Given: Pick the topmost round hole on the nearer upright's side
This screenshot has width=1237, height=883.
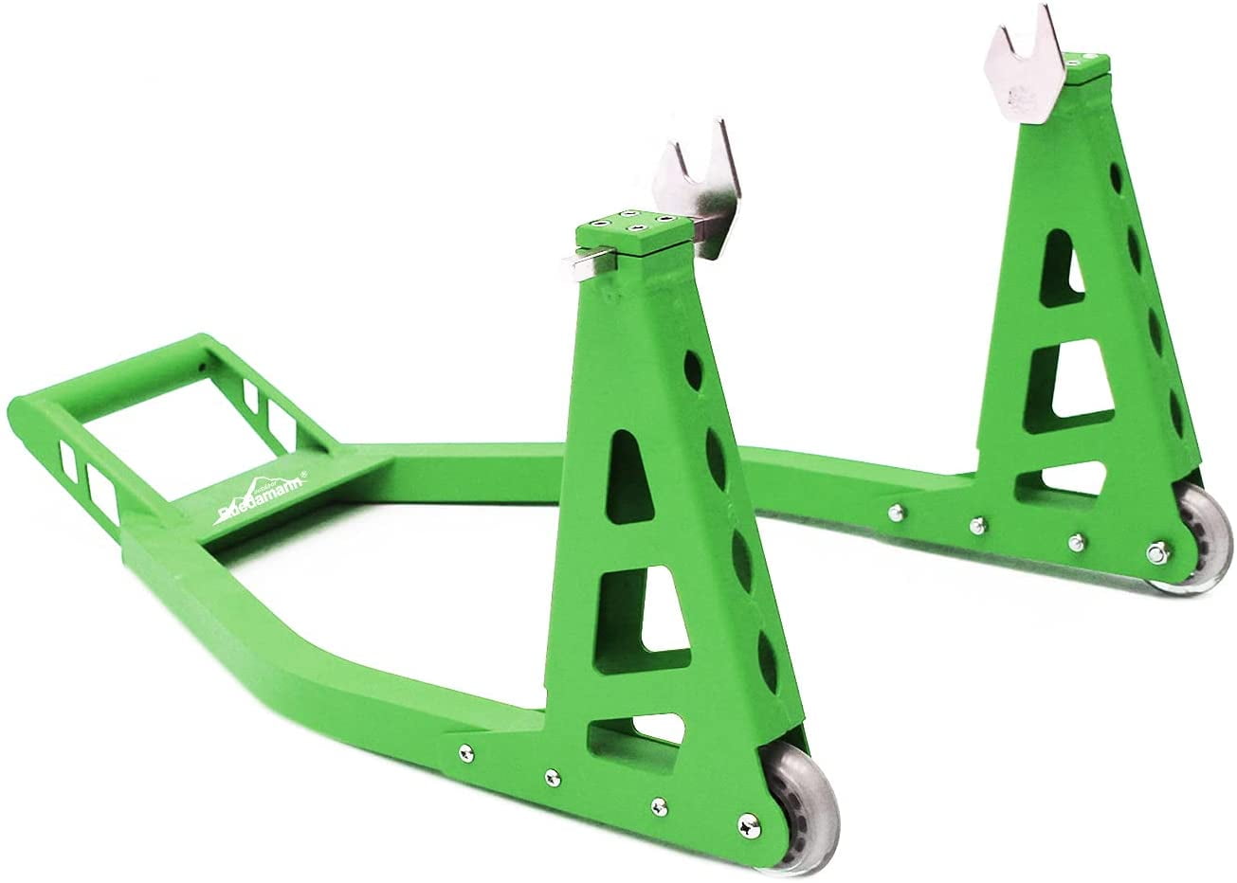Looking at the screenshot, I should tap(705, 370).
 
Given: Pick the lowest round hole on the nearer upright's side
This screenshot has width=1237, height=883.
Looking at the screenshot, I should tap(768, 658).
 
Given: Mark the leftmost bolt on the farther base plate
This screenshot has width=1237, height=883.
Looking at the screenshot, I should tap(893, 514).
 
